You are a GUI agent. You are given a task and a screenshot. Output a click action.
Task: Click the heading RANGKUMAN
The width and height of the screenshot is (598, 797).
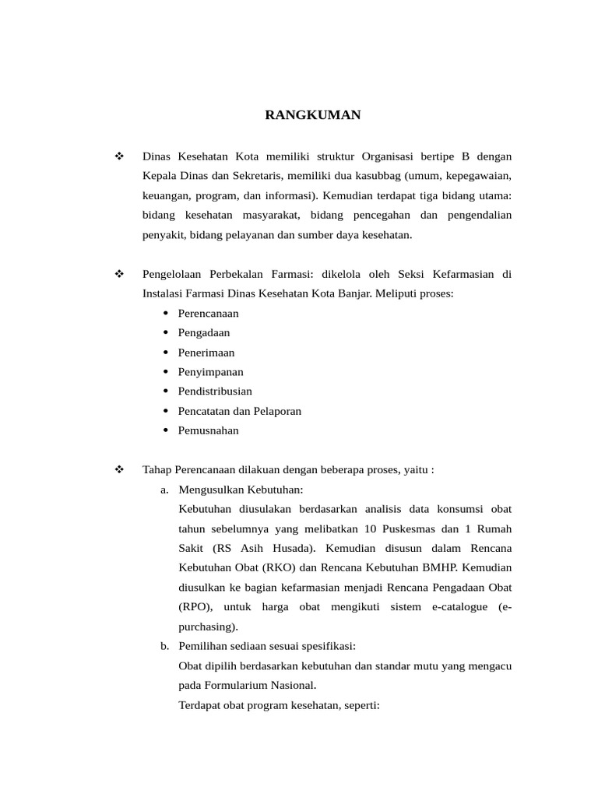coord(313,115)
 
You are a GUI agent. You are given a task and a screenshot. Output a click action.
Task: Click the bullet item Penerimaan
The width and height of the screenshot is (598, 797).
coord(206,353)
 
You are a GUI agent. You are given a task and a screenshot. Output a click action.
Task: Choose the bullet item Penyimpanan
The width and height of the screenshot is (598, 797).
coord(210,372)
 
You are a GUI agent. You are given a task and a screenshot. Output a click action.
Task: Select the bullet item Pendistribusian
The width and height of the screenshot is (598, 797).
coord(215,391)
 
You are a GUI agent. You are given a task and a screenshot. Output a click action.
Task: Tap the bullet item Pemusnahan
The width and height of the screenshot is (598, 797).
coord(208,430)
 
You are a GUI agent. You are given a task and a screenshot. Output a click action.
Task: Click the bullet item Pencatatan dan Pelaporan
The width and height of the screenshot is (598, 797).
coord(239,411)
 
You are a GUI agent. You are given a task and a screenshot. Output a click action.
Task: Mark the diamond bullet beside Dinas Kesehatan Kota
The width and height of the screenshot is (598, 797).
coord(119,156)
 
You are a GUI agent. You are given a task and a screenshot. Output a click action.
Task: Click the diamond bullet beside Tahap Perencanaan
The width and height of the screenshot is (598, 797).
coord(119,470)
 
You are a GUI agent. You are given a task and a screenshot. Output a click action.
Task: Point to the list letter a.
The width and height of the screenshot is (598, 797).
coord(164,490)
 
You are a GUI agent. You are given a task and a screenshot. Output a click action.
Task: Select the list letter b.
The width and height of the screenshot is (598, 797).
coord(164,646)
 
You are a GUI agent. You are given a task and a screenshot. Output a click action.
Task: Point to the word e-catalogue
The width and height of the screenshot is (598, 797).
coord(459,606)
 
